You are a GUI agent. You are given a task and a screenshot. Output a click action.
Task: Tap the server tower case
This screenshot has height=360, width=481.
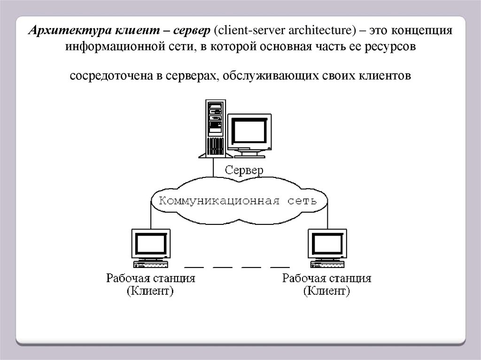tap(215, 129)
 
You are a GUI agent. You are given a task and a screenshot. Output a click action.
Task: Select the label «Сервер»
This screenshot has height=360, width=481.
tap(244, 170)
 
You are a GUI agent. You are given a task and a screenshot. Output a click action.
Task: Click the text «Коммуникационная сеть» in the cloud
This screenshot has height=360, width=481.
tap(238, 201)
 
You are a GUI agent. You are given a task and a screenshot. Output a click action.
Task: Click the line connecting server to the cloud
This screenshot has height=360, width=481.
tap(213, 168)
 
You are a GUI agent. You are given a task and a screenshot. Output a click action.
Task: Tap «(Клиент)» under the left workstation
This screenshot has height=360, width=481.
tap(150, 291)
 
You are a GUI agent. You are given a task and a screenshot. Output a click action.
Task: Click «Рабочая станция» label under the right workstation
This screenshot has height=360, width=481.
tap(327, 278)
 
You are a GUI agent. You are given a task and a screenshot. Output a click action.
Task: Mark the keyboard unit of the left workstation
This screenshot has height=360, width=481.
tap(151, 264)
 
